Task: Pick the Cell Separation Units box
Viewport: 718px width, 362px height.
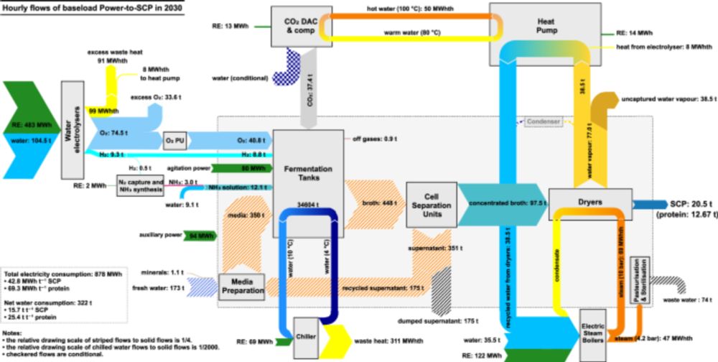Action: click(431, 204)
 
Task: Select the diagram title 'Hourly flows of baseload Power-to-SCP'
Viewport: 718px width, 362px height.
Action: click(91, 6)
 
